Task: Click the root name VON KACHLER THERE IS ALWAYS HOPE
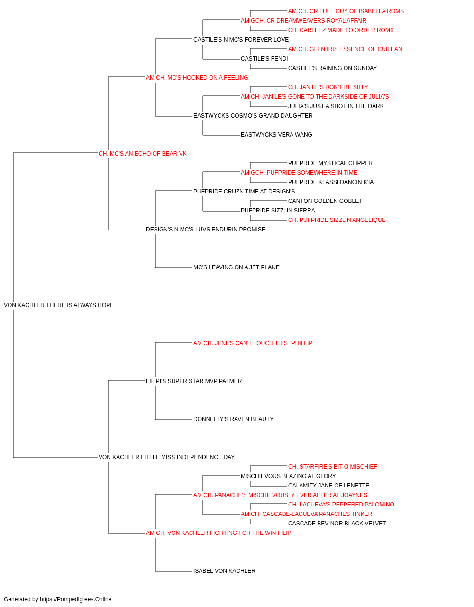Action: [x=59, y=305]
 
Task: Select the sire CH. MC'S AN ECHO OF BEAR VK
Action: [x=142, y=154]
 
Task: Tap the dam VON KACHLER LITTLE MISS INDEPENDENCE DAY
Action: [x=166, y=457]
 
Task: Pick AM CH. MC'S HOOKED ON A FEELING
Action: [x=197, y=78]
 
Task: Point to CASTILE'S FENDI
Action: [x=264, y=59]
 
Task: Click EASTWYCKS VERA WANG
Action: [x=276, y=135]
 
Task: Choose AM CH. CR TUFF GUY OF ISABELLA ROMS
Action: [x=346, y=11]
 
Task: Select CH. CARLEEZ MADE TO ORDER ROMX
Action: [x=341, y=30]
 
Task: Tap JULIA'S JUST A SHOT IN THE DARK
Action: [x=336, y=106]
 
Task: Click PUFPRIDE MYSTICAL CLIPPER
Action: [x=330, y=163]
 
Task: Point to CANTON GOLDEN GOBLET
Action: [x=325, y=201]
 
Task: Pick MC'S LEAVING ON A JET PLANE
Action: [x=236, y=267]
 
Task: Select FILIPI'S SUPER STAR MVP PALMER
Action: [x=194, y=381]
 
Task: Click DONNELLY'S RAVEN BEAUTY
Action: [x=233, y=419]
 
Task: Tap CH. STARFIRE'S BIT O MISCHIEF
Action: [x=332, y=467]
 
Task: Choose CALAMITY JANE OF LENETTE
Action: [x=328, y=486]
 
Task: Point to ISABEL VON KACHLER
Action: [x=224, y=571]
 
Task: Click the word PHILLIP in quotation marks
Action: [x=303, y=343]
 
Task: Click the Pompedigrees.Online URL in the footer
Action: [x=75, y=599]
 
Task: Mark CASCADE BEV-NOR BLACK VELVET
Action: [x=337, y=524]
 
